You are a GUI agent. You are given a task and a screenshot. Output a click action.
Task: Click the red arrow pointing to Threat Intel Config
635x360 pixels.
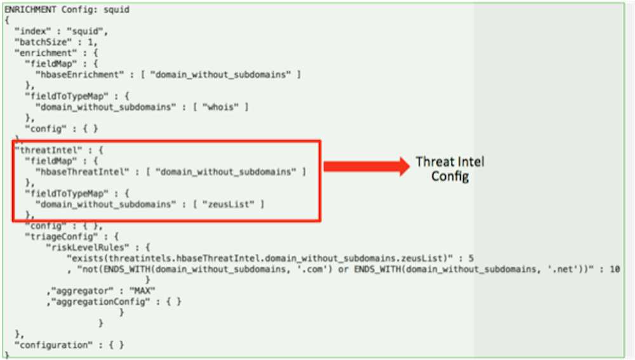click(366, 166)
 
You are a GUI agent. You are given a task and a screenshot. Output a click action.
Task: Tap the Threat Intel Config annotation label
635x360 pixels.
click(450, 169)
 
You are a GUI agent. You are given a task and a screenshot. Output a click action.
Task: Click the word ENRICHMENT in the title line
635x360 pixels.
click(30, 10)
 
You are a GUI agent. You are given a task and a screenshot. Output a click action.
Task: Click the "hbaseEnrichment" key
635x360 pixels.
click(79, 74)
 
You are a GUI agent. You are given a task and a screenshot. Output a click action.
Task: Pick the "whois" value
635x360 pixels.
click(220, 107)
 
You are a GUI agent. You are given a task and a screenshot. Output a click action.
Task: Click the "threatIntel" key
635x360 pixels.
click(48, 150)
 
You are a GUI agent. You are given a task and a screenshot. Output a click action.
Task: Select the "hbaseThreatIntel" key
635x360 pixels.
click(82, 171)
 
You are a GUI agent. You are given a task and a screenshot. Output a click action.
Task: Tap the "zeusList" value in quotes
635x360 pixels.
click(229, 204)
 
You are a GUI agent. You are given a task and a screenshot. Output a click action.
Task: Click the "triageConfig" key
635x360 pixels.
click(61, 236)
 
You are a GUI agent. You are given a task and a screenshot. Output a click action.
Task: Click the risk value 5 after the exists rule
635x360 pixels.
click(471, 258)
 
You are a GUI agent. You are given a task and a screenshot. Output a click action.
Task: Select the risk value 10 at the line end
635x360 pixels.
click(615, 269)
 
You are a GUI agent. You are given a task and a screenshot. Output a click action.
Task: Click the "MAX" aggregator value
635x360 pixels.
click(142, 291)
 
